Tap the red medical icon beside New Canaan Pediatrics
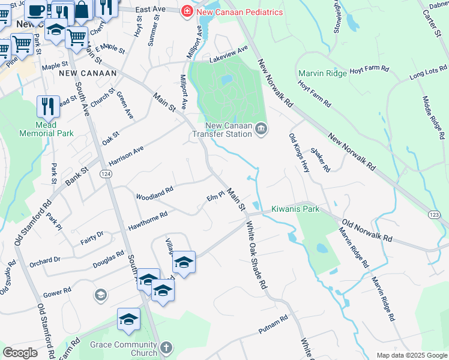(187, 11)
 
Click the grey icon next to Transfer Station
(261, 128)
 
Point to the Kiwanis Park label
(295, 209)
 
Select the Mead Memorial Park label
(46, 129)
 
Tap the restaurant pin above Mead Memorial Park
(48, 106)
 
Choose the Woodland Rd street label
(154, 193)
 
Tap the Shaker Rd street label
(320, 160)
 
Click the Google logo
(19, 353)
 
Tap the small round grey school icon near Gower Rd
(100, 295)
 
